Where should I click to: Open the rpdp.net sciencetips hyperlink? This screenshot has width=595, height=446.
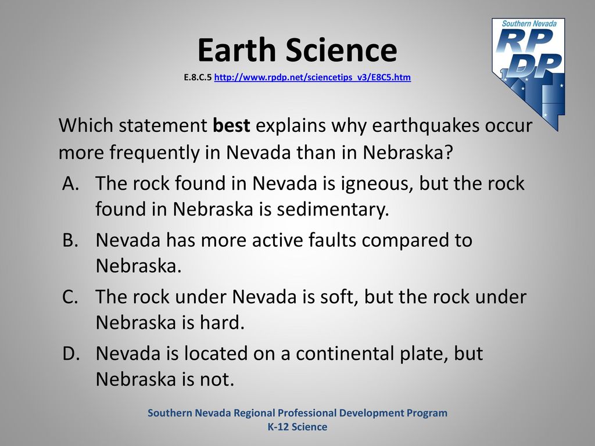(312, 77)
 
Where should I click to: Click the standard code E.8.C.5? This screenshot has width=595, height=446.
(198, 77)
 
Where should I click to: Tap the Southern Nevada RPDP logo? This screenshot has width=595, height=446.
(529, 74)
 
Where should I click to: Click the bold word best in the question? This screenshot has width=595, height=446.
(231, 125)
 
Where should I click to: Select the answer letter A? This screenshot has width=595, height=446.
(70, 183)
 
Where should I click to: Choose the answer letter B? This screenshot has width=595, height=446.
(70, 240)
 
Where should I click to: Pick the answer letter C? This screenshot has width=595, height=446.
(70, 297)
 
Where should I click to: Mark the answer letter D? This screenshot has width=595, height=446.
(71, 353)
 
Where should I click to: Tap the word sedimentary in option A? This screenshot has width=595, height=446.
(333, 210)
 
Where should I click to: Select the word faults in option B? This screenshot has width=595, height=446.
(332, 240)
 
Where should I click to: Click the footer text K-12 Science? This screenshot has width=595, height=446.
(297, 427)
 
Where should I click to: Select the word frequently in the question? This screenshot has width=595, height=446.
(155, 153)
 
